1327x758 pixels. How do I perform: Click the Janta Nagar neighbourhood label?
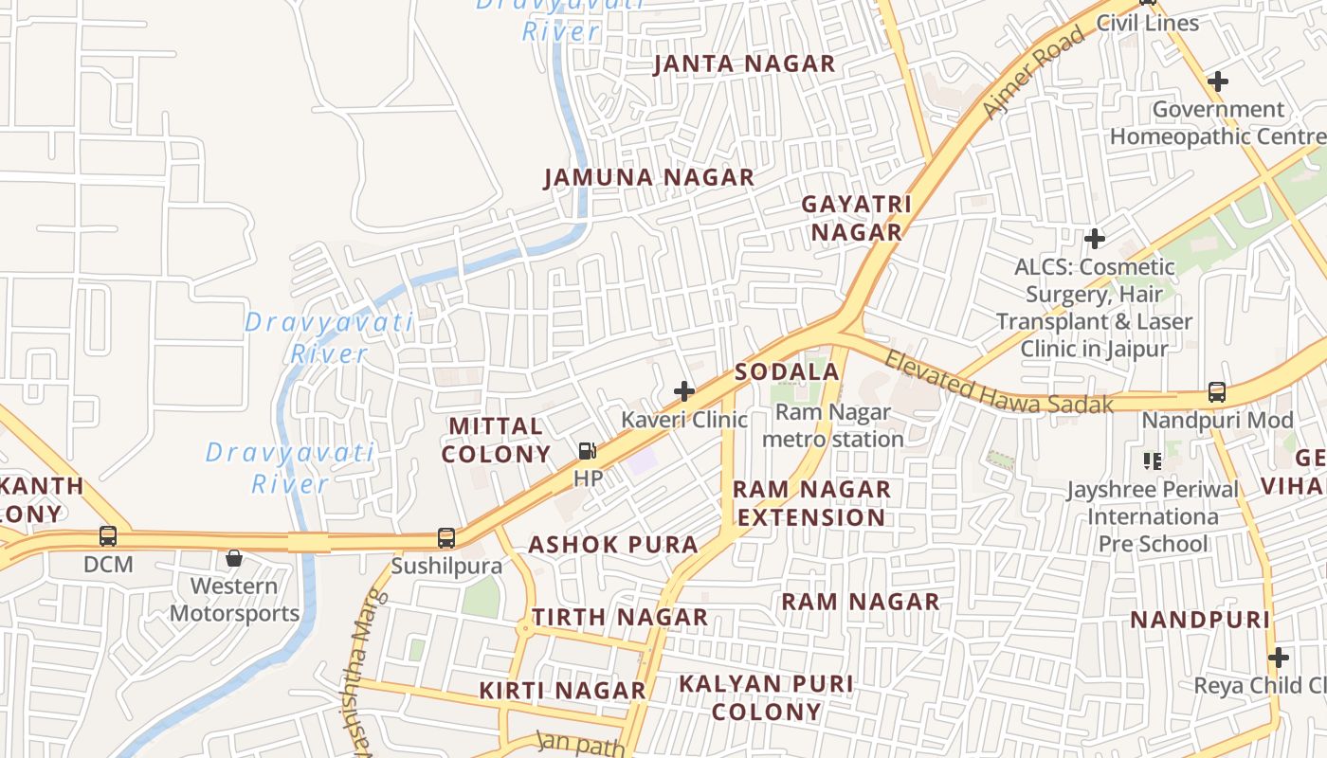click(x=745, y=64)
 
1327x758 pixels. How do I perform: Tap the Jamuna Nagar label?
click(x=649, y=177)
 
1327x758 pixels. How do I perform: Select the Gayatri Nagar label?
click(x=856, y=218)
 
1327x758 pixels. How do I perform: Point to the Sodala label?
click(x=788, y=371)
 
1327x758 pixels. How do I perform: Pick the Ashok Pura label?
click(x=613, y=545)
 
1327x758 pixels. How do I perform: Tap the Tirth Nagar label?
click(x=620, y=618)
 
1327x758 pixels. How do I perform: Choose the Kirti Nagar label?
click(x=562, y=691)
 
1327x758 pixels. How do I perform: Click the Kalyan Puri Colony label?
click(x=766, y=697)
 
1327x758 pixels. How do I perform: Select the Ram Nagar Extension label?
click(x=811, y=503)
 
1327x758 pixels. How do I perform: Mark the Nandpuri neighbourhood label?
click(x=1199, y=621)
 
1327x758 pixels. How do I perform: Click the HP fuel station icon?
click(x=588, y=451)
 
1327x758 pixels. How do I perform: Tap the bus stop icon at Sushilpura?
click(x=446, y=537)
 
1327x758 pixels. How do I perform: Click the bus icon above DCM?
click(x=108, y=536)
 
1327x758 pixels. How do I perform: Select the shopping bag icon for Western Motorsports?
click(x=233, y=558)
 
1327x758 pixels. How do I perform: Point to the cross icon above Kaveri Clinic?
click(x=683, y=390)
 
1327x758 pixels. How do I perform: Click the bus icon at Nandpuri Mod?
click(x=1217, y=391)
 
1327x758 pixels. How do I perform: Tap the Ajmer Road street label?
click(x=1034, y=74)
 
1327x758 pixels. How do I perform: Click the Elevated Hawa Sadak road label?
click(x=998, y=383)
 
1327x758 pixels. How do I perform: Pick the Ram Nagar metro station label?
click(x=833, y=425)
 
